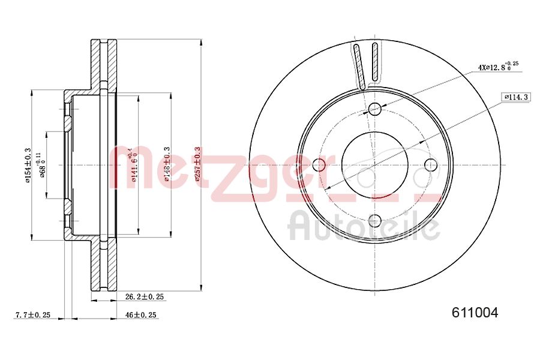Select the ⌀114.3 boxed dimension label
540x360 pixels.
pos(515,97)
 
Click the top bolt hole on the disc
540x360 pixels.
pos(375,109)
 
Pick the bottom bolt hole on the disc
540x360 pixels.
pos(375,221)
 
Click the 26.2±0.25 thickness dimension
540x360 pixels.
pos(145,296)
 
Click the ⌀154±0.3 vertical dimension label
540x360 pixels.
pos(27,165)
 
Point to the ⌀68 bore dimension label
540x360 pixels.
pos(42,165)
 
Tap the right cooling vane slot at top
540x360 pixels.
pos(376,62)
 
